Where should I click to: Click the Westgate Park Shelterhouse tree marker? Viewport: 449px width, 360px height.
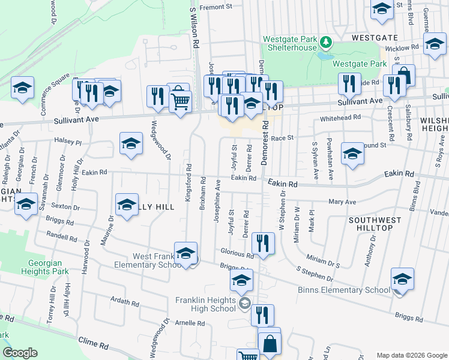coord(325,42)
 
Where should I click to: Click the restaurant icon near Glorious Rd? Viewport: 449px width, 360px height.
coord(262,243)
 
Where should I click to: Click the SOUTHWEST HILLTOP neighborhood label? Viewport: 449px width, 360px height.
coord(371,224)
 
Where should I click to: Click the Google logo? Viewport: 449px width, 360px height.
coord(20,353)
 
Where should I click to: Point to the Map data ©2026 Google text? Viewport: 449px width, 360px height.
coord(411,355)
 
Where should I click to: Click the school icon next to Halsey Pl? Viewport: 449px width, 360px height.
coord(131,145)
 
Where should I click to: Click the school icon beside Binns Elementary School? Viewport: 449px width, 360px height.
coord(402,278)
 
